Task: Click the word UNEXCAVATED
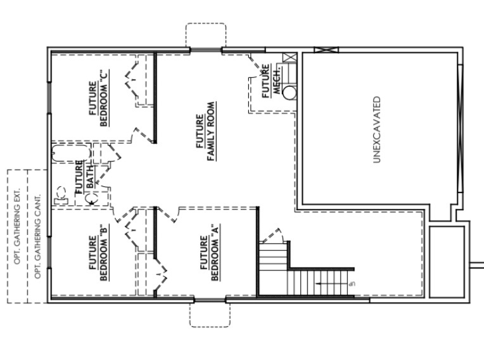click(376, 130)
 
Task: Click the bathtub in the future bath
click(70, 153)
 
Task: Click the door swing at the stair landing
click(272, 236)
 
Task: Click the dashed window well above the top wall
click(205, 35)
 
